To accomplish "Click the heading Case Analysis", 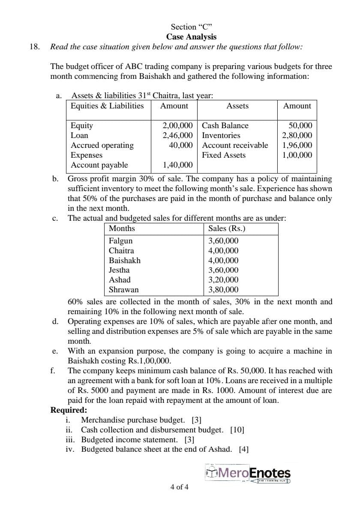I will [x=191, y=37].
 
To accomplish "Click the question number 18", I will [x=34, y=47].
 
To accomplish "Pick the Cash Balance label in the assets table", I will [x=225, y=126].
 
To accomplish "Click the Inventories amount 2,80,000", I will [x=297, y=135].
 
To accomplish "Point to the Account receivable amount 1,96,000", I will [x=297, y=145].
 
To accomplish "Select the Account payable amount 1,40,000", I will [x=177, y=165].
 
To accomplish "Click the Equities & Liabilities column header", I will [x=107, y=106].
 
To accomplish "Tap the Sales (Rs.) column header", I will [x=227, y=228].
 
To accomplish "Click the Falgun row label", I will [x=121, y=241].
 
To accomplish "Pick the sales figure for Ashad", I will [x=223, y=280].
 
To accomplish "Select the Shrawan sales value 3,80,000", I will [x=223, y=290].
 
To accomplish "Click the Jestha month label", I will [x=119, y=270].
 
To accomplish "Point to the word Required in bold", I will [x=69, y=410].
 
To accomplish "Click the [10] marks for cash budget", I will [x=237, y=429].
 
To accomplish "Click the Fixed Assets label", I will [x=224, y=155].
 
